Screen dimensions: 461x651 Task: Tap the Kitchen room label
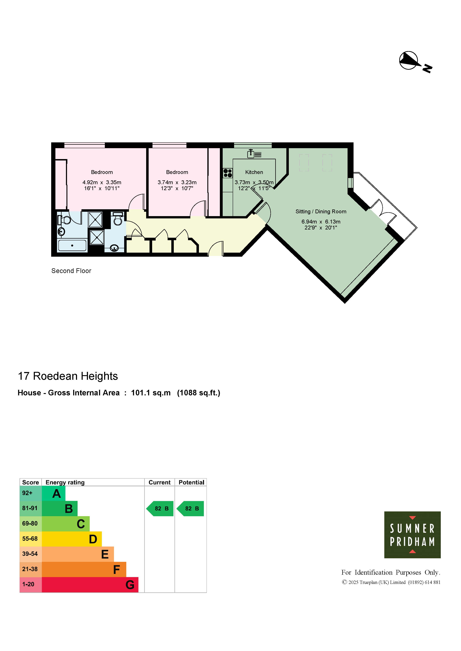[254, 172]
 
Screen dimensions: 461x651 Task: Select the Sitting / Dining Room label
[321, 212]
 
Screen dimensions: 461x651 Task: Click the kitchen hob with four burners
[228, 173]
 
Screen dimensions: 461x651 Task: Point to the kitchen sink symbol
[254, 154]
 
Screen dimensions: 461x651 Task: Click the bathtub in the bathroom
[72, 246]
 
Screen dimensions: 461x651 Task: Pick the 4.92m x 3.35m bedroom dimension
[102, 185]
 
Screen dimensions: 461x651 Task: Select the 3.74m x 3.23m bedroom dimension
[177, 185]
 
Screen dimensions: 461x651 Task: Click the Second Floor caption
[71, 271]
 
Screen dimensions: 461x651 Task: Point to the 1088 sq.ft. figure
[199, 393]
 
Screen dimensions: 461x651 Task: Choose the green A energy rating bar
[53, 494]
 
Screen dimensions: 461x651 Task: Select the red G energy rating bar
[90, 585]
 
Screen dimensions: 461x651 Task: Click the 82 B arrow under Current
[160, 509]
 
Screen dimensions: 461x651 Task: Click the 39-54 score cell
[30, 554]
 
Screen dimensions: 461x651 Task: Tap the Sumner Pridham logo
[412, 535]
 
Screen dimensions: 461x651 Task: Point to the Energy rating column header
[65, 482]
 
